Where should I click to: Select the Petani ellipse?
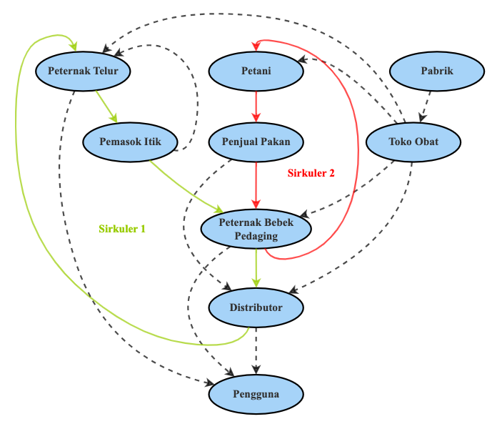click(256, 70)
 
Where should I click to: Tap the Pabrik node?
click(436, 70)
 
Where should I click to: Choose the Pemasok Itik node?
click(130, 142)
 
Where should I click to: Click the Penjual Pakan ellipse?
click(256, 142)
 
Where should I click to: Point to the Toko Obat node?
click(412, 142)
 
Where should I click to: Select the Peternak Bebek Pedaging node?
click(257, 230)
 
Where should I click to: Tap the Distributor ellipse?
click(256, 307)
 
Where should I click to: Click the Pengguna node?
click(256, 394)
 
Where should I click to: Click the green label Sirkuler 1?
click(122, 229)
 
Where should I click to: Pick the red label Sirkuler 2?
click(311, 173)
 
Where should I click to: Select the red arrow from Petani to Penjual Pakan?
click(256, 106)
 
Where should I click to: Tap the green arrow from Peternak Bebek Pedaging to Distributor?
click(256, 268)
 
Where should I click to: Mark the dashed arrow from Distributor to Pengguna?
click(256, 350)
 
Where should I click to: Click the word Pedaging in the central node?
click(257, 237)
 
